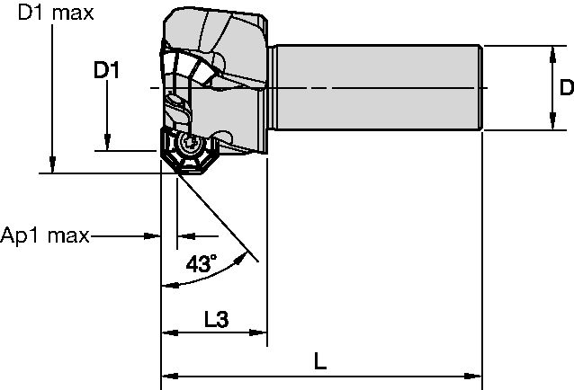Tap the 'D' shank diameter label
[564, 88]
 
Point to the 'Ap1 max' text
[45, 236]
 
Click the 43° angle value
[201, 264]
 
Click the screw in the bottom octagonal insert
[190, 145]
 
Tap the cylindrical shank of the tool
[378, 88]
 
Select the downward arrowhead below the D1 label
[107, 143]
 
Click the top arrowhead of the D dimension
[549, 51]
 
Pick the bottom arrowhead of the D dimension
[549, 124]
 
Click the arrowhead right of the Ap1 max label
[153, 236]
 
